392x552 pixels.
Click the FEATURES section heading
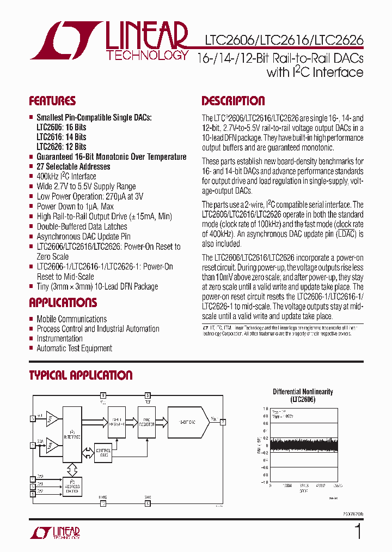coord(52,101)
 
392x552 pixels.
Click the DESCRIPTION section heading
coord(233,101)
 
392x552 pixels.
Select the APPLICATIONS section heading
coord(63,303)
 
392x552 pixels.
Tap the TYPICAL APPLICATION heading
coord(81,375)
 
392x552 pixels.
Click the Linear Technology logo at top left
coord(109,41)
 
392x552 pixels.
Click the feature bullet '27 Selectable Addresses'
coord(73,167)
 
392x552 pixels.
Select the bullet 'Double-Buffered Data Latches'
coord(82,227)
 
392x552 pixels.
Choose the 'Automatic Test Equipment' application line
coord(74,349)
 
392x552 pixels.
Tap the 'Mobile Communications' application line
coord(71,319)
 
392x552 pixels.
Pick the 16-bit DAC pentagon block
coord(188,421)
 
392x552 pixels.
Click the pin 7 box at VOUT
coord(223,421)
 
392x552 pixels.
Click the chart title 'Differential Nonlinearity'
coord(303,392)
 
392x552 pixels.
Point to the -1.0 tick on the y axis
coord(265,482)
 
